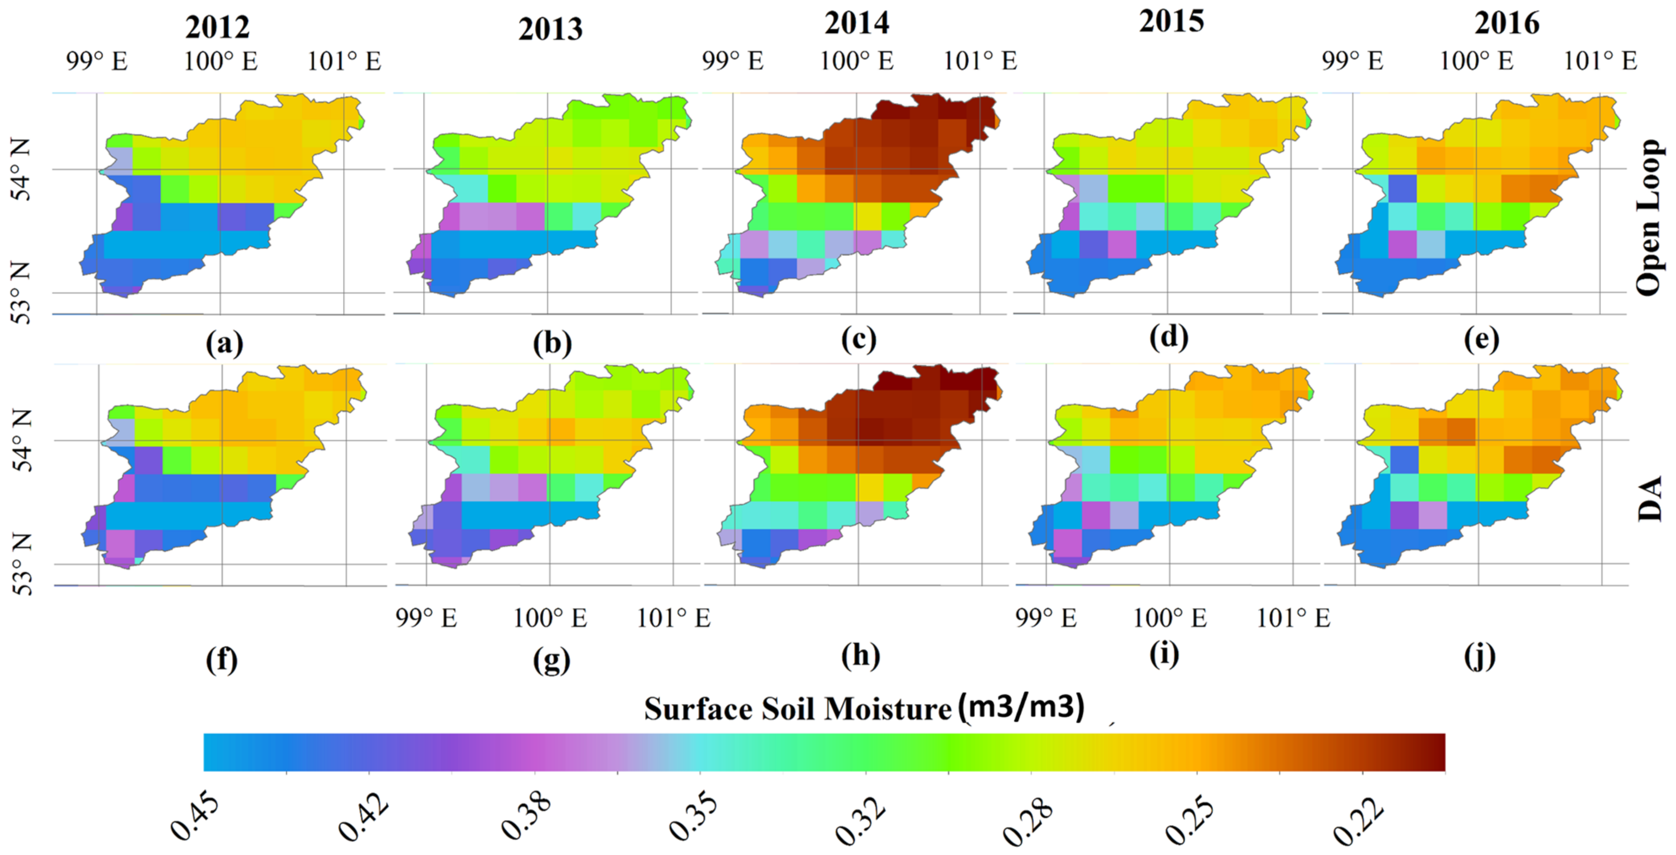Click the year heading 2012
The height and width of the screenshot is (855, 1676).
click(x=217, y=27)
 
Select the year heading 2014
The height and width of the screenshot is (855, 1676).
click(x=856, y=24)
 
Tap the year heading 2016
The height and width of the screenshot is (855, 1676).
click(x=1507, y=24)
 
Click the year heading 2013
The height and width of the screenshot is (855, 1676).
click(x=550, y=30)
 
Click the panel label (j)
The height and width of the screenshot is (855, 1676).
click(x=1480, y=657)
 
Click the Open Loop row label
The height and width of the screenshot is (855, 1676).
click(x=1649, y=218)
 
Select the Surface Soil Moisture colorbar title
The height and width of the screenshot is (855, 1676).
click(x=864, y=709)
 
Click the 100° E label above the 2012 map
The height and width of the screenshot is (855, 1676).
click(x=220, y=62)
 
